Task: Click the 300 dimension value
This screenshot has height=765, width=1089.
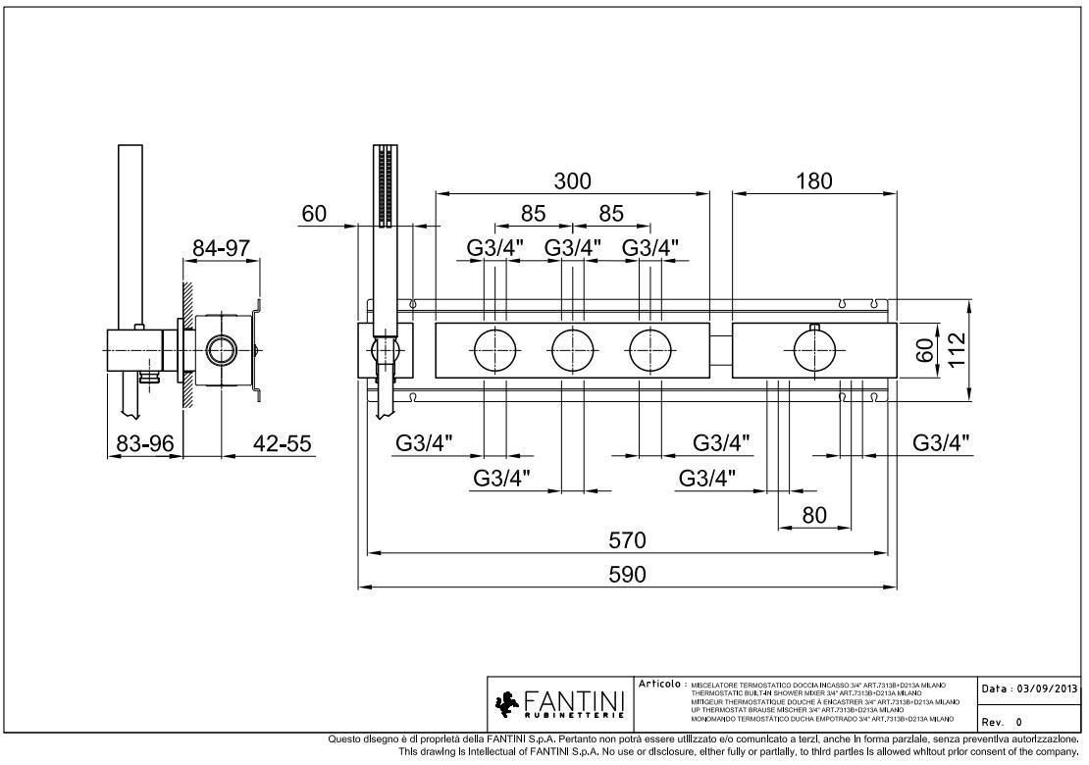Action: [x=573, y=180]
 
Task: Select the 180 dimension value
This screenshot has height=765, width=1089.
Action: [x=813, y=180]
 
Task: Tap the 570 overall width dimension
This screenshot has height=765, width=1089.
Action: [x=628, y=540]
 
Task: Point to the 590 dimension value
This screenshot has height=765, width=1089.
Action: [x=628, y=575]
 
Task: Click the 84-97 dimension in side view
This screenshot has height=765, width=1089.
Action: [x=221, y=248]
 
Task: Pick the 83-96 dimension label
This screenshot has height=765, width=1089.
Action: [x=144, y=444]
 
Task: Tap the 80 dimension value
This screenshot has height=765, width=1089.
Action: [x=814, y=515]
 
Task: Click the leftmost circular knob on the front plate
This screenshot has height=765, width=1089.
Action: [x=495, y=350]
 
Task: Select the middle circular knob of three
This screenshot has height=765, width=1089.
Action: [x=573, y=350]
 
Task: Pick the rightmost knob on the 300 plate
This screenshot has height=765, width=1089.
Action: [x=650, y=350]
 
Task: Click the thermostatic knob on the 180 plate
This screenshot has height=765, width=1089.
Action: [x=814, y=350]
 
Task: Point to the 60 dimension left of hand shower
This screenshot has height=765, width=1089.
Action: [x=314, y=214]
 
